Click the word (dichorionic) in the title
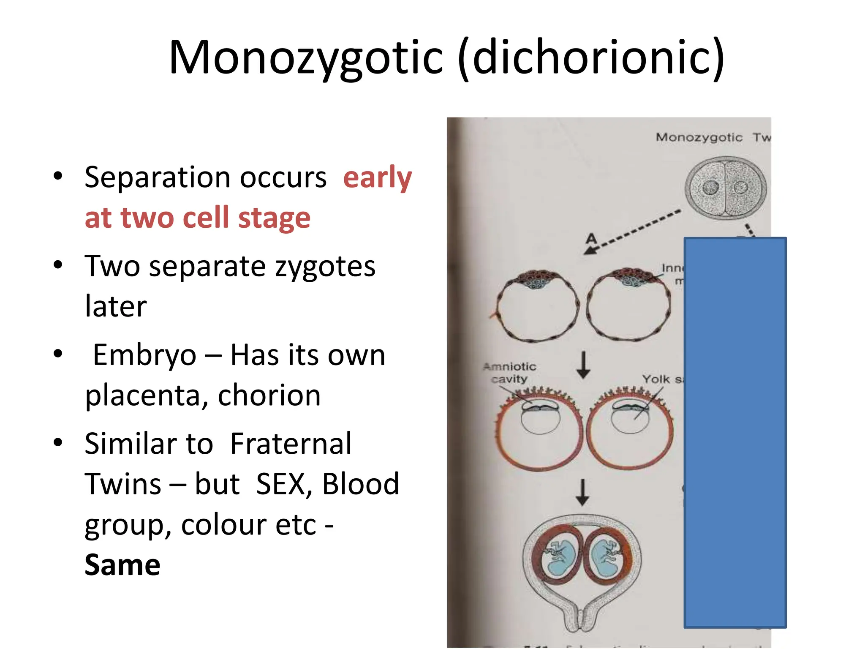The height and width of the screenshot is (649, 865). tap(591, 57)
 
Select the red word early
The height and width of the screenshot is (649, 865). tap(377, 177)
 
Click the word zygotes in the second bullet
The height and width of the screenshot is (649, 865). tap(325, 266)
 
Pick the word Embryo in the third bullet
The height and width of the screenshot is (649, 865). tap(144, 355)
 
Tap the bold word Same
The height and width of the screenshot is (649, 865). tap(122, 565)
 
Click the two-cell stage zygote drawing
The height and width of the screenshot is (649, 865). tap(725, 188)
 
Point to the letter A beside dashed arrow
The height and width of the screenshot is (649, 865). tap(591, 239)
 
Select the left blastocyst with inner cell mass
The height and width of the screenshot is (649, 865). tap(537, 305)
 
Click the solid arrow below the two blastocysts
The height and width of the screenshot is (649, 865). tap(583, 365)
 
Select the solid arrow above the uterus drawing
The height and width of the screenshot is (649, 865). tap(582, 492)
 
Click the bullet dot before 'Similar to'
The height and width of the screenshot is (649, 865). tap(58, 442)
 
